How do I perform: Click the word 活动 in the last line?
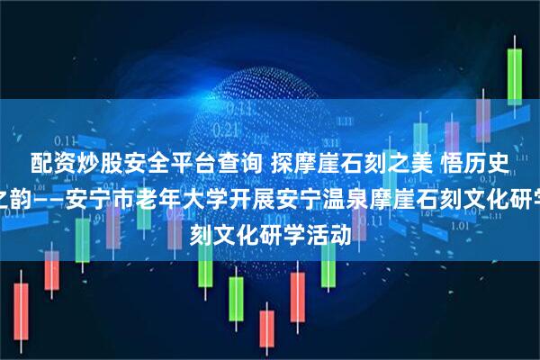[x=331, y=219]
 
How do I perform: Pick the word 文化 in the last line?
[x=245, y=219]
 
